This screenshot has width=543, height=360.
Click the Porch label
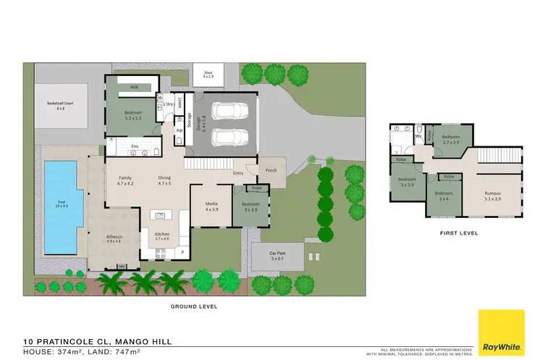coord(271,170)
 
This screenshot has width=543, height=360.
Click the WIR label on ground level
coord(134,87)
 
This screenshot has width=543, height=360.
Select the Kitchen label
coord(162,236)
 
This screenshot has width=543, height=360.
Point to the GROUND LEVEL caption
coord(195,306)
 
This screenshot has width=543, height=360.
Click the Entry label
coord(238,173)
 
